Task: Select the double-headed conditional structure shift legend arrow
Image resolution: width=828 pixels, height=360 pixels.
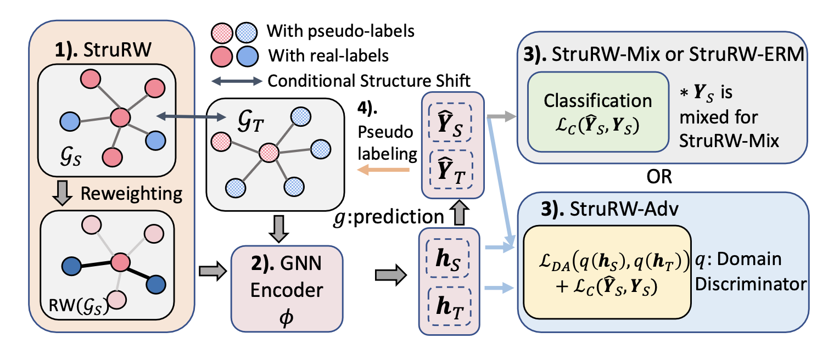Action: click(x=236, y=81)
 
